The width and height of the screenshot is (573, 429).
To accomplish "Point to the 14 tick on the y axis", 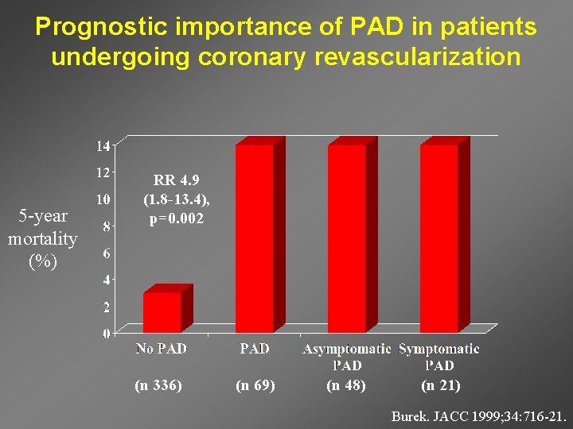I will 103,145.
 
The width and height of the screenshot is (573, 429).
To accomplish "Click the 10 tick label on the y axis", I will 103,199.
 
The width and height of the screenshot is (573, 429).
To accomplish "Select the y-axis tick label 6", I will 107,253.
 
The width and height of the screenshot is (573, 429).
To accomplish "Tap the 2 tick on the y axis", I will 107,307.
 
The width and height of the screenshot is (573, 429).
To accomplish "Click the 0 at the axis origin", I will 107,334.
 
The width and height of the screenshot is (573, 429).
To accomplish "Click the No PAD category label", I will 161,348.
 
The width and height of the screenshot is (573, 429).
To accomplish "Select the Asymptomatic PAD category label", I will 346,357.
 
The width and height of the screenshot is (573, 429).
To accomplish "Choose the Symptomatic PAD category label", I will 439,357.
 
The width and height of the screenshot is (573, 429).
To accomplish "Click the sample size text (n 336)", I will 158,385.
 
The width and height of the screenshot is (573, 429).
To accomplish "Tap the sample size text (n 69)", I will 255,385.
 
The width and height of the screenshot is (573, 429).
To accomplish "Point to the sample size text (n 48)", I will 346,385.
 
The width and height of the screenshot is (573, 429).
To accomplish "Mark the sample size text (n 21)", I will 440,385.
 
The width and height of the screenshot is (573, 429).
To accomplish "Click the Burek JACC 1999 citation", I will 479,415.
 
